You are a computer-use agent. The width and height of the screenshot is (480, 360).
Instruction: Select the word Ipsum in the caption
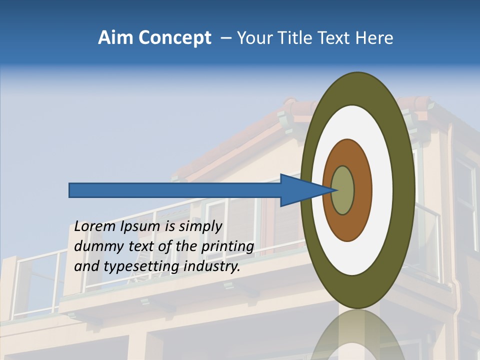141,226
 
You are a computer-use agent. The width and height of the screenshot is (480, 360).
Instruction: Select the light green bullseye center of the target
343,190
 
